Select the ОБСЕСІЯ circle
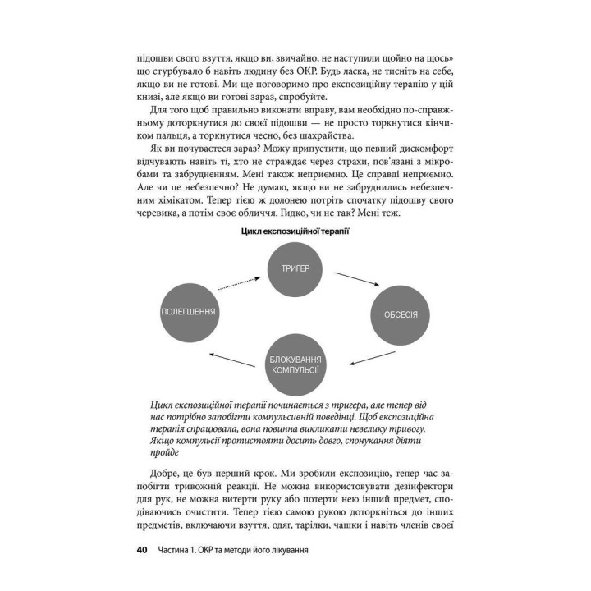401,314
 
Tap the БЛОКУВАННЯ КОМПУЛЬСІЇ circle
295,362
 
